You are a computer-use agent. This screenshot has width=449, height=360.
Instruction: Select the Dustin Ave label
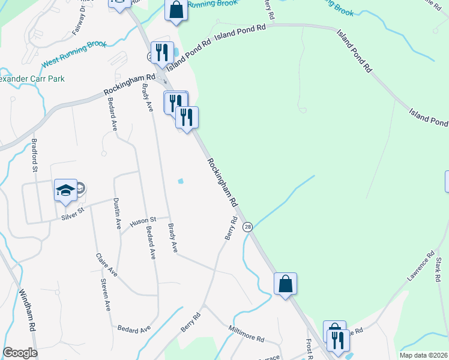click(118, 213)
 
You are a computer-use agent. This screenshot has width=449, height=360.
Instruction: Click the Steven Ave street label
click(106, 295)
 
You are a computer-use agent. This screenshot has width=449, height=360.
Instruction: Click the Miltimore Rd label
click(246, 334)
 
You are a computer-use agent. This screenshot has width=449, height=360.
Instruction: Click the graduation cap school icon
click(65, 191)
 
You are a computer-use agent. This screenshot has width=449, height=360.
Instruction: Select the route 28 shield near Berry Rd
click(247, 227)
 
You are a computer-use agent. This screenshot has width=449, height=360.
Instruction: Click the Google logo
click(20, 353)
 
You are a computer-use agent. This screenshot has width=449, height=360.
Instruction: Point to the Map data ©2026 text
click(423, 355)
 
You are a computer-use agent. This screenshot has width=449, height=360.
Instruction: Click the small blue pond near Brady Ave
click(181, 182)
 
